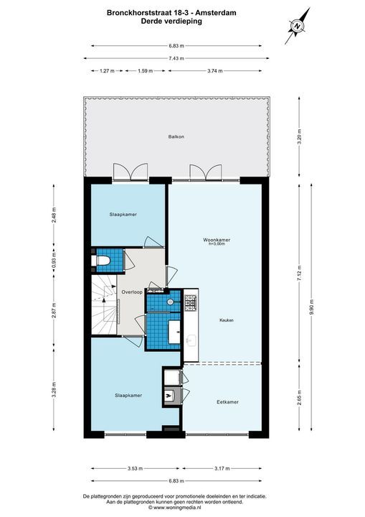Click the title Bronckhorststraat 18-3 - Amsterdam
coord(172,12)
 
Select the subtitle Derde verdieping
coord(172,22)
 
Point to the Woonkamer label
coord(217,238)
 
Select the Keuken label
coord(227,320)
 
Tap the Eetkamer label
coord(227,402)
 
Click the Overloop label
coord(132,292)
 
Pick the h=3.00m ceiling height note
coord(217,244)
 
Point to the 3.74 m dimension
coord(214,70)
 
